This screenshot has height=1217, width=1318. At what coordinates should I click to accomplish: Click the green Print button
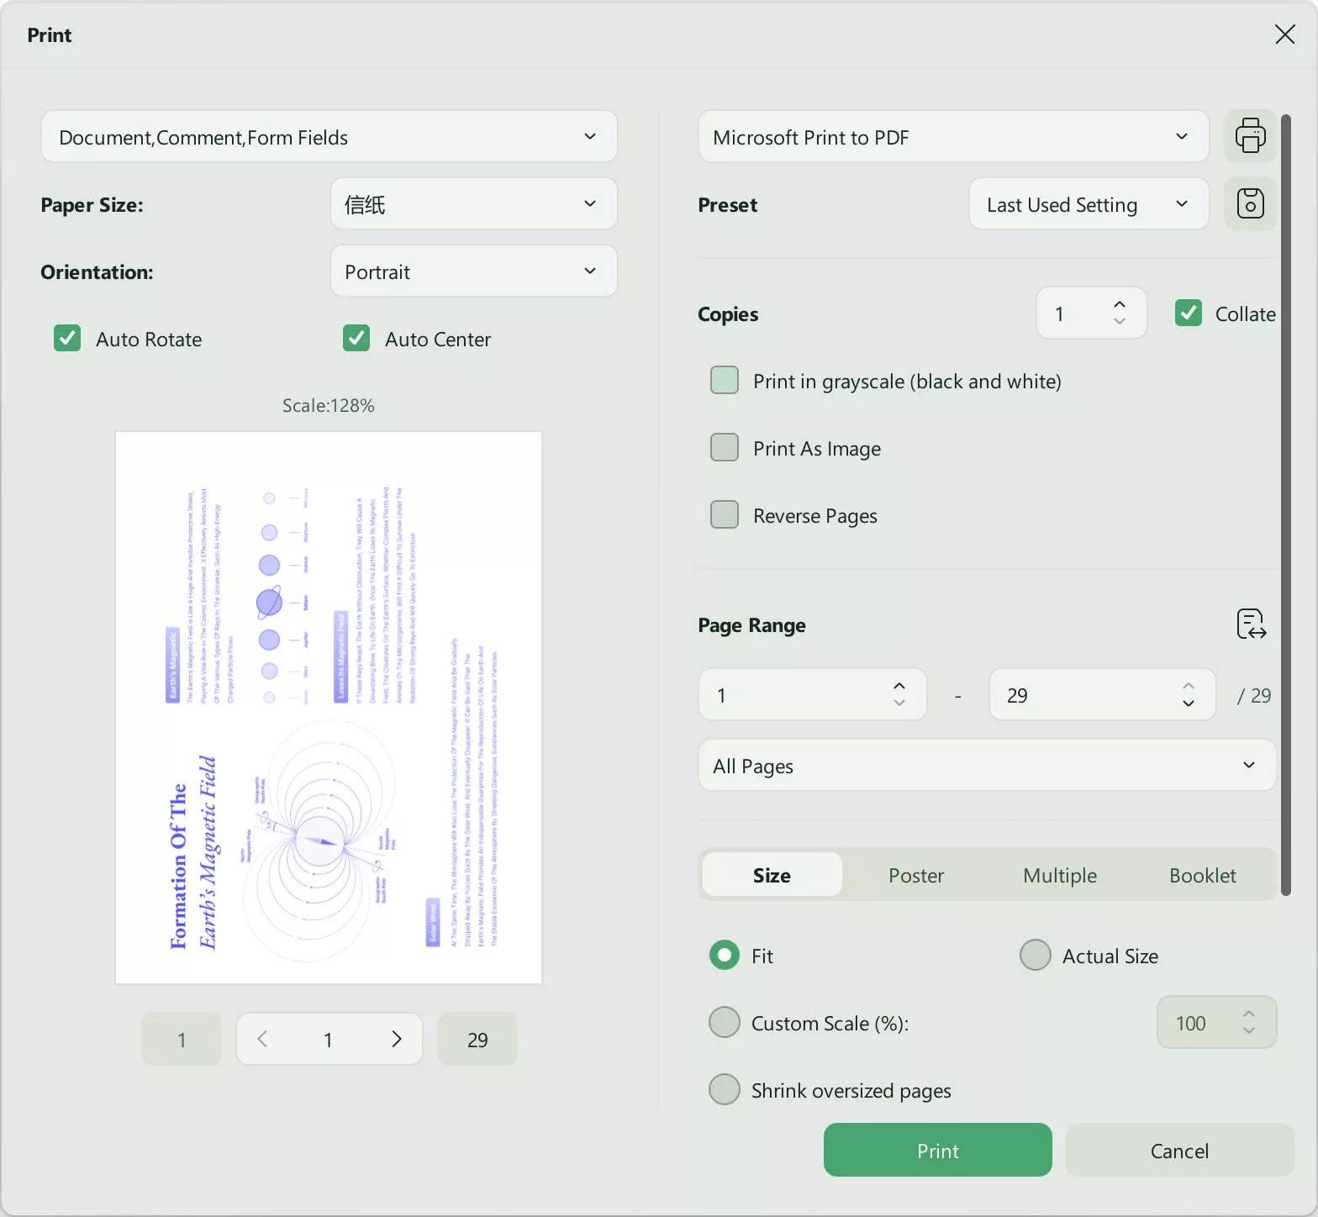pyautogui.click(x=937, y=1151)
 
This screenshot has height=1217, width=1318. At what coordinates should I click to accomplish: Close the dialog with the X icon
pyautogui.click(x=1284, y=34)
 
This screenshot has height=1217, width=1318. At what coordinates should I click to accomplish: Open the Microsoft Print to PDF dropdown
pyautogui.click(x=952, y=137)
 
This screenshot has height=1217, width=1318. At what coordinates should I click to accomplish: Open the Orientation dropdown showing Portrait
pyautogui.click(x=473, y=271)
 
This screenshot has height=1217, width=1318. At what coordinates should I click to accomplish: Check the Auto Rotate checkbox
pyautogui.click(x=67, y=339)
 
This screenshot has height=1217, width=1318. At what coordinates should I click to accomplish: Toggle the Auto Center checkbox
pyautogui.click(x=356, y=339)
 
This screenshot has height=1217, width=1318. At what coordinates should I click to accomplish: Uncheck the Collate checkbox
pyautogui.click(x=1188, y=313)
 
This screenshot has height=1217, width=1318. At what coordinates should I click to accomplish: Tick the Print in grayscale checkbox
pyautogui.click(x=725, y=381)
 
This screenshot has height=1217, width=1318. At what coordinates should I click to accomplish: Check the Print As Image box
pyautogui.click(x=725, y=448)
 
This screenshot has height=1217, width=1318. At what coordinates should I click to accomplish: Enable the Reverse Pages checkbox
pyautogui.click(x=725, y=515)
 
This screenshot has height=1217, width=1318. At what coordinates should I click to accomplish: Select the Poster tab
pyautogui.click(x=915, y=875)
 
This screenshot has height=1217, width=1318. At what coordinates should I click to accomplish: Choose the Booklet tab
pyautogui.click(x=1202, y=875)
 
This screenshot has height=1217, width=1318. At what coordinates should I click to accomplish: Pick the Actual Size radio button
pyautogui.click(x=1035, y=956)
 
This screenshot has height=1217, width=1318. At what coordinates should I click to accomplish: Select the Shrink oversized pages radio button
pyautogui.click(x=725, y=1090)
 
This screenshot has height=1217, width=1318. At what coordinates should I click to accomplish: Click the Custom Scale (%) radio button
pyautogui.click(x=725, y=1023)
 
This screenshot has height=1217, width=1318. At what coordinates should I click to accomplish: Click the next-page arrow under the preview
pyautogui.click(x=397, y=1040)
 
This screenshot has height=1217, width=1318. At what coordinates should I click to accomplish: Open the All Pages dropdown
pyautogui.click(x=986, y=766)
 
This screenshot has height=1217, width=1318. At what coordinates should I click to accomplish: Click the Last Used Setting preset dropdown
pyautogui.click(x=1088, y=204)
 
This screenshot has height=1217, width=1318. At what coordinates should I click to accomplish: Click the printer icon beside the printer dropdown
pyautogui.click(x=1250, y=136)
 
